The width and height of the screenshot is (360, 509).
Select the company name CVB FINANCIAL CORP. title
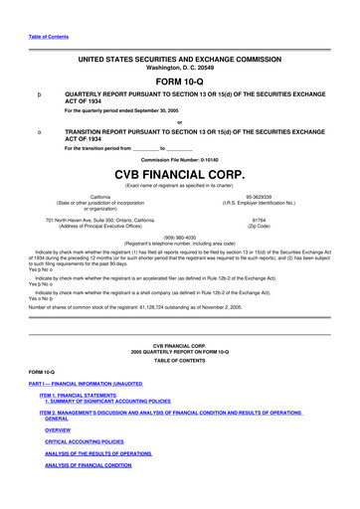[180, 174]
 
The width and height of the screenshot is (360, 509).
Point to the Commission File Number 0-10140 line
[180, 159]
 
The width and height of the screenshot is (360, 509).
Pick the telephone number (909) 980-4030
[180, 237]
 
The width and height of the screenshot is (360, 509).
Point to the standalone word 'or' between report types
[180, 122]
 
